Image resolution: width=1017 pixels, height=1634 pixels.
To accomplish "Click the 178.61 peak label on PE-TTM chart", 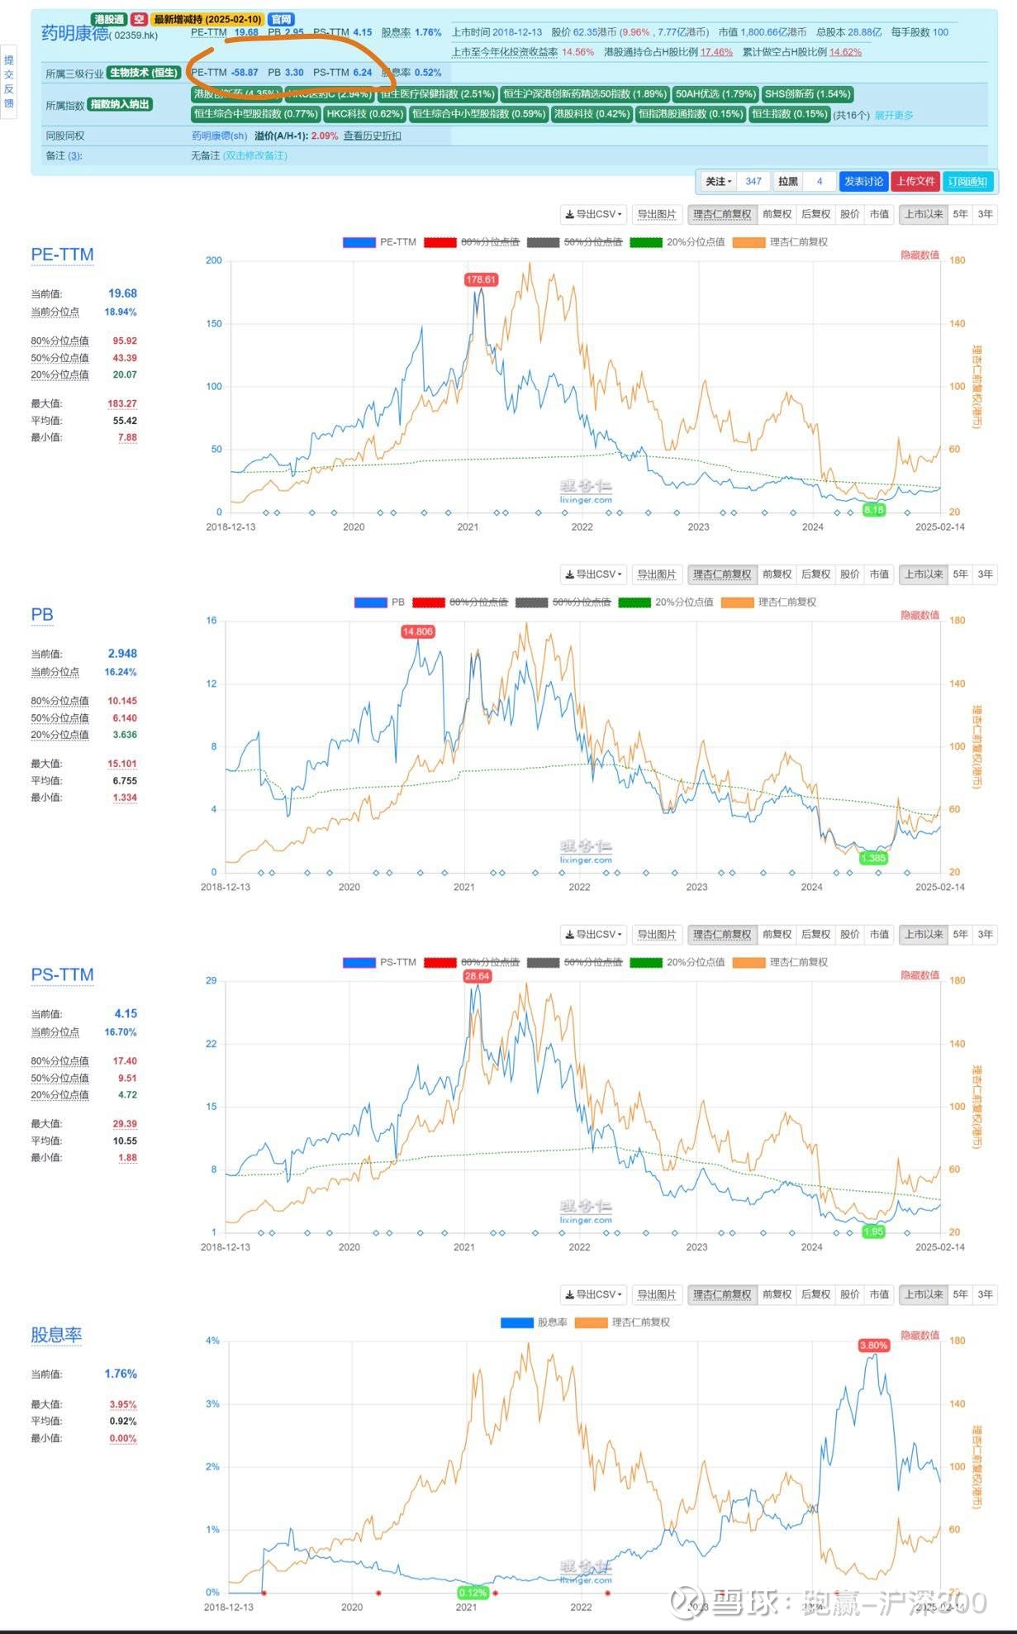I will (x=481, y=279).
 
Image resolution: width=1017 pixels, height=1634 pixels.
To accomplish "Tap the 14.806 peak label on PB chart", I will (x=417, y=631).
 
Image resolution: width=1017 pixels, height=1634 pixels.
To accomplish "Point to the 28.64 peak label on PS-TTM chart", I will (x=478, y=976).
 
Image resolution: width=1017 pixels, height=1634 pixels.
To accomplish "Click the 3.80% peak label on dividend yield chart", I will (x=873, y=1346).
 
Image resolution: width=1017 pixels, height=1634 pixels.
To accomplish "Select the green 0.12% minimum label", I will (x=473, y=1593).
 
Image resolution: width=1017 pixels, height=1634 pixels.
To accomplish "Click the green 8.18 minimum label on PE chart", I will (x=873, y=510).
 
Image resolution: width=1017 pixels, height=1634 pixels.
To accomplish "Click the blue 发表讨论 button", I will (x=863, y=181).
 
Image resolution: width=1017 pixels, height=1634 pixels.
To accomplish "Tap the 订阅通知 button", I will (x=967, y=181).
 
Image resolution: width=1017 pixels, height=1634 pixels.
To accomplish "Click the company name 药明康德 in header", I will (x=74, y=34).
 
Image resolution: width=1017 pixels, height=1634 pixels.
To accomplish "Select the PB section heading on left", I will (x=42, y=614).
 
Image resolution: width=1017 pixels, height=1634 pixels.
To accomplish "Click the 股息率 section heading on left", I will (x=56, y=1335).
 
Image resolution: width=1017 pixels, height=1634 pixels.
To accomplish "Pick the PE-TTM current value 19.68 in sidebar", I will (x=122, y=293).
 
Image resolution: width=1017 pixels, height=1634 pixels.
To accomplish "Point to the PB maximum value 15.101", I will (x=122, y=764).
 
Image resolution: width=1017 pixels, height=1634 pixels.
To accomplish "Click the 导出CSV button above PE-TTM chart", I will (x=593, y=214).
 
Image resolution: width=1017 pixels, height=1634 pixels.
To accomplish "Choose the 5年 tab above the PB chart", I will (x=960, y=574).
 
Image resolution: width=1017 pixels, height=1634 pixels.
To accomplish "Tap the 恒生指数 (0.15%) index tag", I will (x=789, y=114).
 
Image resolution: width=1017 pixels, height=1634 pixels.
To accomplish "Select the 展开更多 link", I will (x=894, y=115).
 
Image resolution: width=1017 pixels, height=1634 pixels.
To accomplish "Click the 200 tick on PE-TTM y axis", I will (x=214, y=260).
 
